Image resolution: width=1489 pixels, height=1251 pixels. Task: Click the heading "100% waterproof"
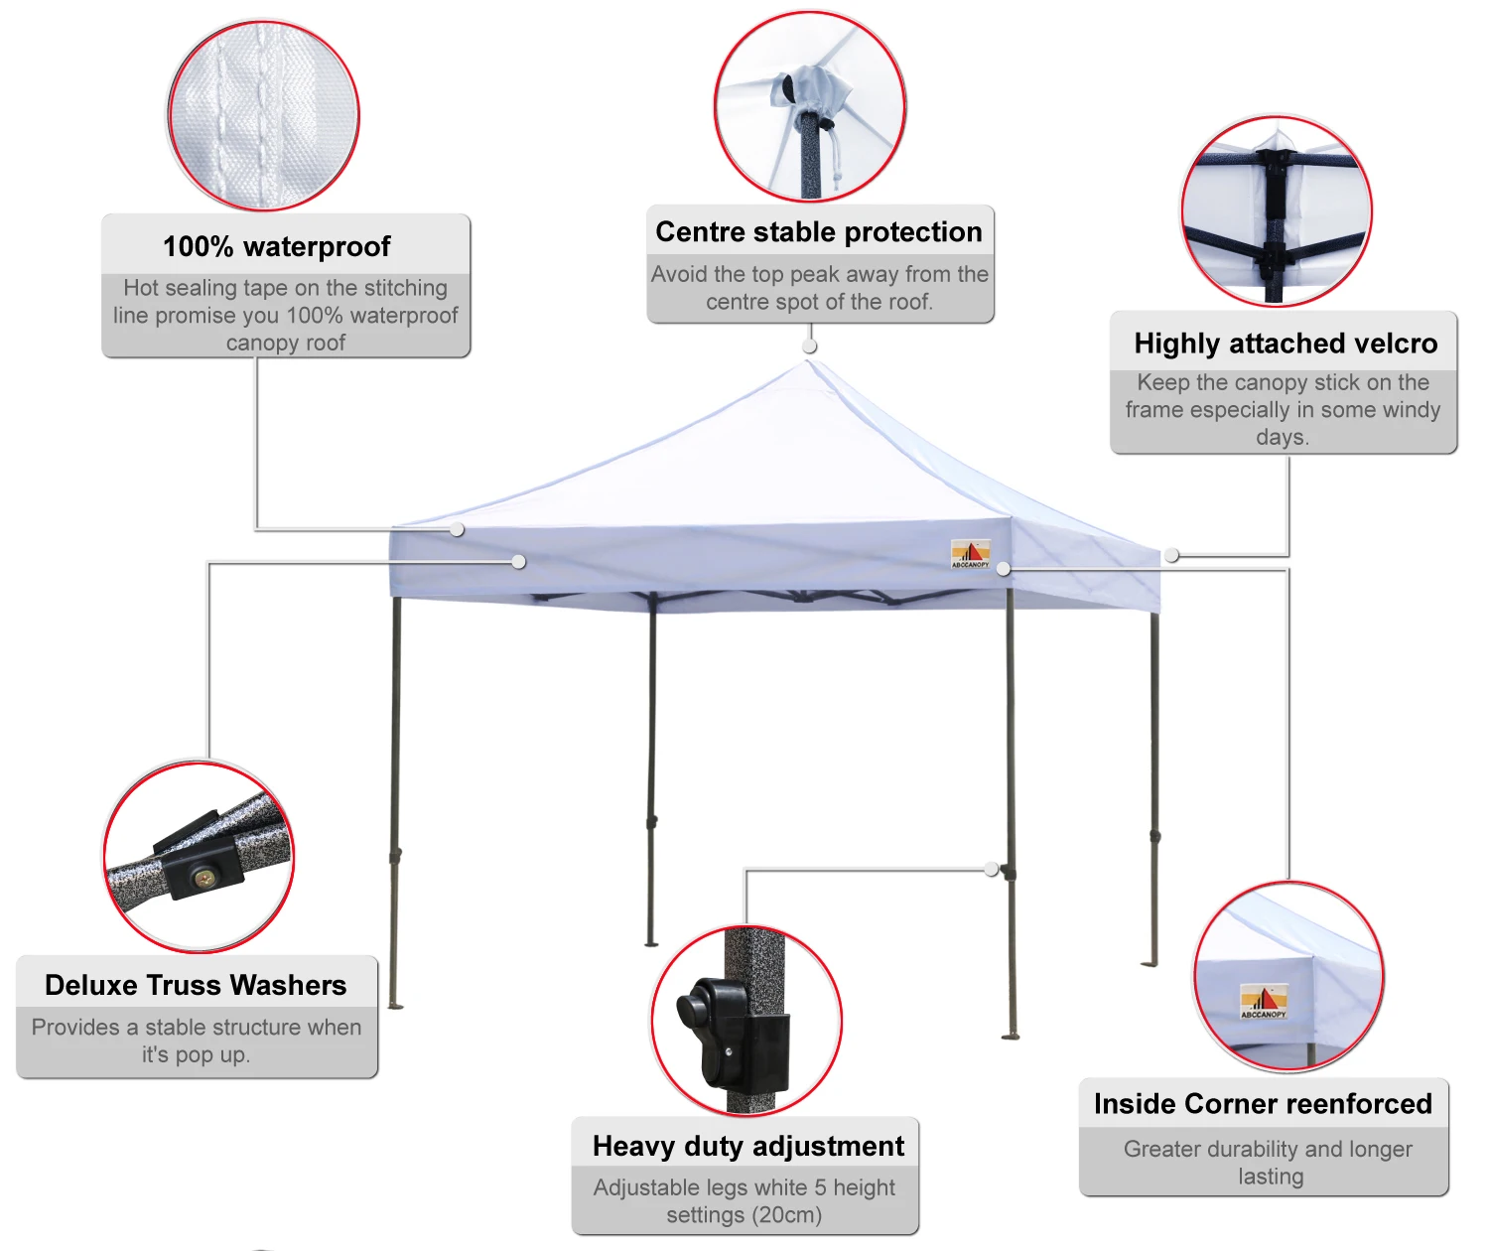[276, 246]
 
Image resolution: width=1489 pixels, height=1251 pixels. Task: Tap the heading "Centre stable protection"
[819, 231]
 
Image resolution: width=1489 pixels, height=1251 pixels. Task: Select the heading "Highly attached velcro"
[1286, 344]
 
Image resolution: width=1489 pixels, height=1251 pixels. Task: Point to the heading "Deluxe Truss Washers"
[196, 985]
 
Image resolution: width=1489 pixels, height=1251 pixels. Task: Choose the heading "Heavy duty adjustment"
[747, 1146]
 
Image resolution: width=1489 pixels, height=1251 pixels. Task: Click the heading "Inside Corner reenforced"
[1263, 1104]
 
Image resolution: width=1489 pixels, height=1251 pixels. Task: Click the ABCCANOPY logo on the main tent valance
[970, 553]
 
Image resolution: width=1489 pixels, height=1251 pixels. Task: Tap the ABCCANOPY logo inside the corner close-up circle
[1263, 1001]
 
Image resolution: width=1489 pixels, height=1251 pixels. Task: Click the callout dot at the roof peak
[810, 346]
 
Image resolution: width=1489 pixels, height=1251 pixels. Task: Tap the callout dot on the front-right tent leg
[992, 870]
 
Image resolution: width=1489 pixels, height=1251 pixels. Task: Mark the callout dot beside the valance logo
[1004, 569]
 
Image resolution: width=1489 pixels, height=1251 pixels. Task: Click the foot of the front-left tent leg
[395, 1005]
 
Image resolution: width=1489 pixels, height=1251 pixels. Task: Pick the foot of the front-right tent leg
[1011, 1036]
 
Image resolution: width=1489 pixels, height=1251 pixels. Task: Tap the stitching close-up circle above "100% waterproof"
[263, 115]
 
